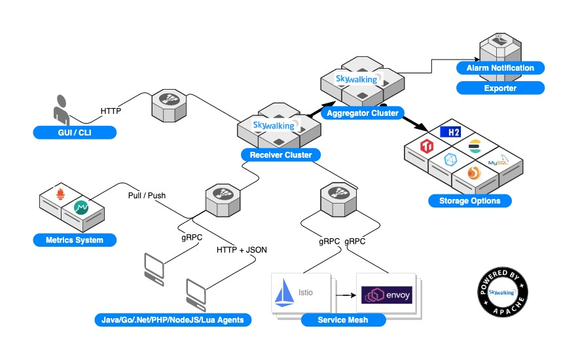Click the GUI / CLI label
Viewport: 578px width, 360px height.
74,133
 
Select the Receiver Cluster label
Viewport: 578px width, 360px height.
280,155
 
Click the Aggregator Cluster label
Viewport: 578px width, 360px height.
361,113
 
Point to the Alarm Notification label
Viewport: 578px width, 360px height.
500,68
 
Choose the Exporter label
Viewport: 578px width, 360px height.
500,88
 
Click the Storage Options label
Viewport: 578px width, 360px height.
469,201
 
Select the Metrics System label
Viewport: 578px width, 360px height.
74,240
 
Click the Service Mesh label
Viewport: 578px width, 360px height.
342,320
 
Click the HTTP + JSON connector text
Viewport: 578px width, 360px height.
242,249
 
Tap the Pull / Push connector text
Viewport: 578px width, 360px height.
147,195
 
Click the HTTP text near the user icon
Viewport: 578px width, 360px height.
110,111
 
